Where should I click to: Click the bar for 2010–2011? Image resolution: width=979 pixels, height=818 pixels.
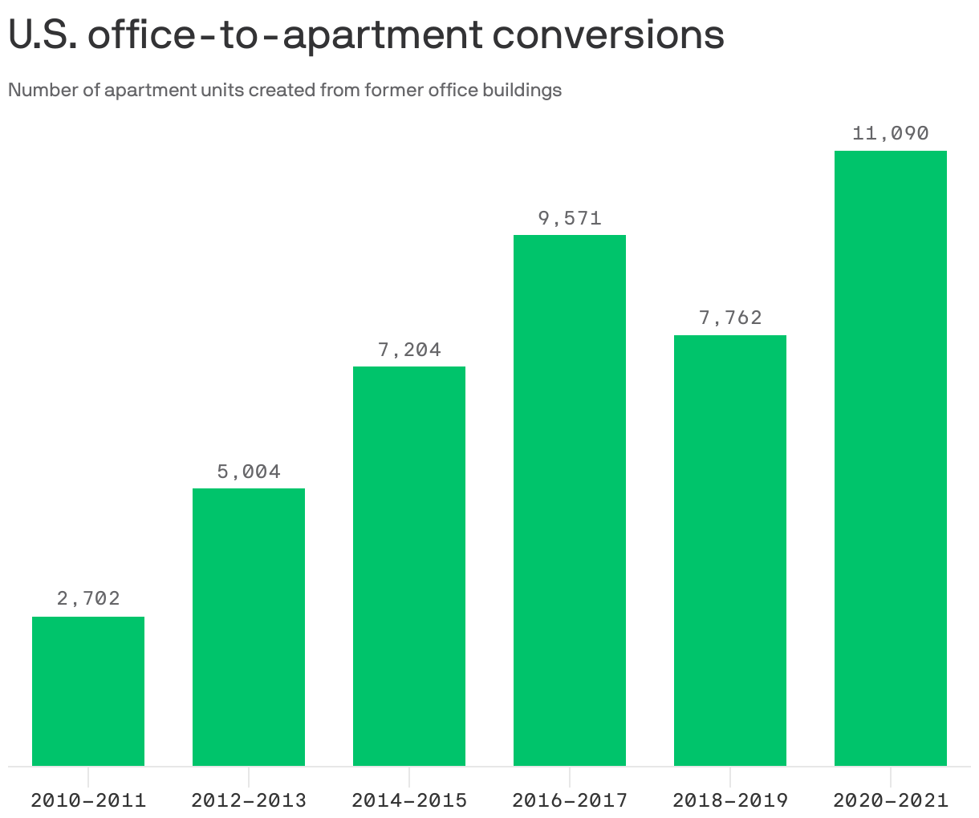[88, 690]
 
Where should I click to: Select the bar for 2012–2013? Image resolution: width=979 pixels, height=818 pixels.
[249, 626]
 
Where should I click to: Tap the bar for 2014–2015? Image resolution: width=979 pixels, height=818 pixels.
[409, 565]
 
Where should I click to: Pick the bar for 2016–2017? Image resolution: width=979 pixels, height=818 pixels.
[570, 500]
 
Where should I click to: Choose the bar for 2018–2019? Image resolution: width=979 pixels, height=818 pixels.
[730, 550]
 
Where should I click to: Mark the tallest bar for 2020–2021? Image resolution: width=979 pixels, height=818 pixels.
[891, 458]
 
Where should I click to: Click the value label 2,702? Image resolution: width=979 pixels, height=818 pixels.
[88, 598]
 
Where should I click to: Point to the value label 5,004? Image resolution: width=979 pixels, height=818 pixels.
[249, 472]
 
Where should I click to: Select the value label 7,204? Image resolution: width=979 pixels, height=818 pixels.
[409, 350]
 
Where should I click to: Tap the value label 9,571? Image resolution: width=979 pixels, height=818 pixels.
[570, 218]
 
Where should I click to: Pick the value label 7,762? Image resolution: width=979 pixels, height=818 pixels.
[730, 318]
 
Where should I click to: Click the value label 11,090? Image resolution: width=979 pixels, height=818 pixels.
[891, 133]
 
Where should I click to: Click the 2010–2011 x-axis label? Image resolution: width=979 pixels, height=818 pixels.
[88, 800]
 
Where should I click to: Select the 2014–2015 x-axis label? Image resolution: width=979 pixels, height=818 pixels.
[409, 800]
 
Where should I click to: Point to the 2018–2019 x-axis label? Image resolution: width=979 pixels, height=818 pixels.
[730, 800]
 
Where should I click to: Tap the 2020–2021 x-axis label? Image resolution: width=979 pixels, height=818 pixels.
[891, 800]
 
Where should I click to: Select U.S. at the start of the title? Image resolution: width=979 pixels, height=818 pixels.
[42, 35]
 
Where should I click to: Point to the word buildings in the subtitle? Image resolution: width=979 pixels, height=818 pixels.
[522, 90]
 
